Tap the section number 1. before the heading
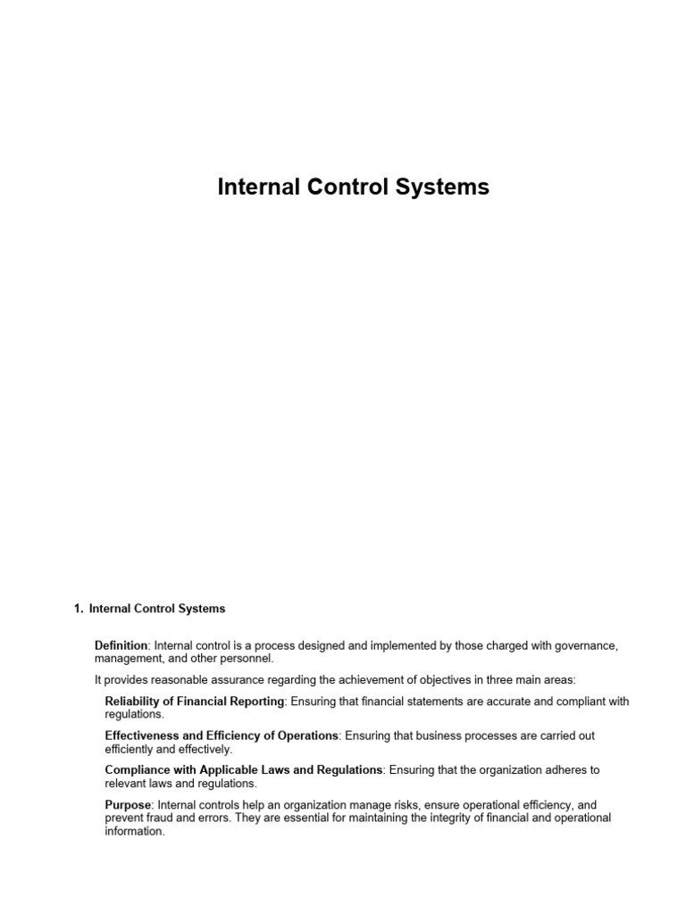79,609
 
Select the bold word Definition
121,644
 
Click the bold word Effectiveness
142,735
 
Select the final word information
135,830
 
